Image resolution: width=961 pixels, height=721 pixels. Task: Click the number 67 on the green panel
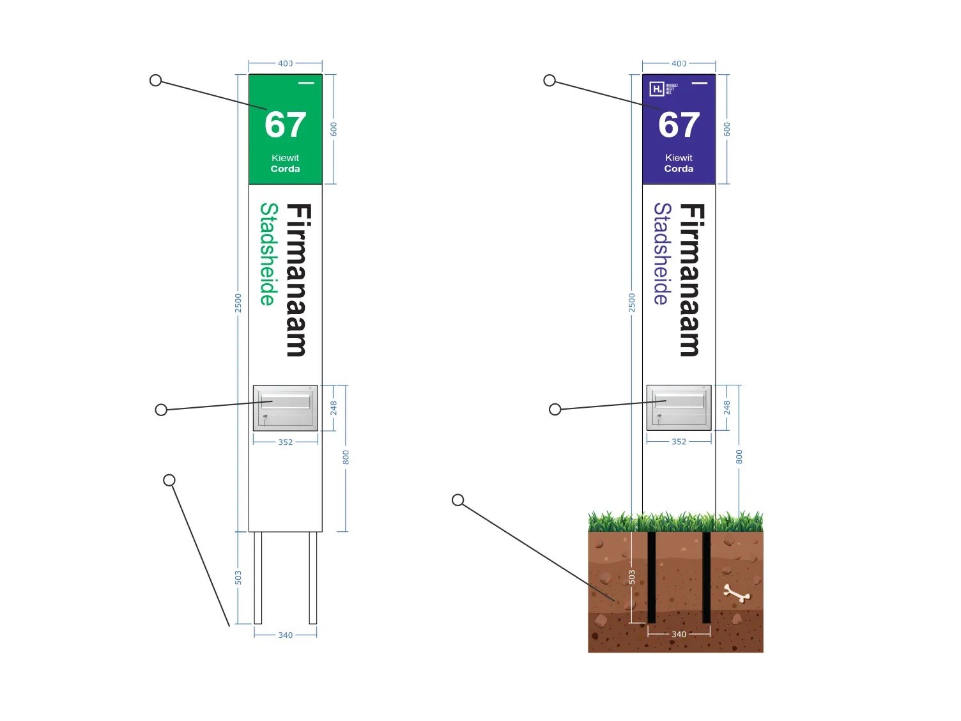coord(285,125)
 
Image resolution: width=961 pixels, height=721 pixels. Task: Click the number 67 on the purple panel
coord(679,125)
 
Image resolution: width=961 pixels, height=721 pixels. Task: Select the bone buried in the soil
coord(737,594)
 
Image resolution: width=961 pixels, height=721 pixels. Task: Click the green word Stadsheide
coord(268,254)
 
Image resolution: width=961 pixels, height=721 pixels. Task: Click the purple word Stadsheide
coord(662,254)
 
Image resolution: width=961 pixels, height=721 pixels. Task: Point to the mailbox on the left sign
coord(286,408)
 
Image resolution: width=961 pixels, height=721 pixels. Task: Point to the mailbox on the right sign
coord(679,408)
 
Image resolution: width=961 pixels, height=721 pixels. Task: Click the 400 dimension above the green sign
coord(285,63)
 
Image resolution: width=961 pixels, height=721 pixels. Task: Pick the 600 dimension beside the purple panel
coord(727,129)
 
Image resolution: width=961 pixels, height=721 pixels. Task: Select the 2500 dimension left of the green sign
coord(238,303)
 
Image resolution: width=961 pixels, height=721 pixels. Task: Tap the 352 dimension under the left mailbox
coord(285,442)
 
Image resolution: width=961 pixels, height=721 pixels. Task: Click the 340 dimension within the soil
coord(679,634)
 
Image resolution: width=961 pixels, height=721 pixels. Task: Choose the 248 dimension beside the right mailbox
coord(727,408)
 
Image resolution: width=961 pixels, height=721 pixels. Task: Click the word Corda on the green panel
coord(285,169)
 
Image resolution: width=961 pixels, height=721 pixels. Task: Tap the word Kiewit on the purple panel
coord(679,157)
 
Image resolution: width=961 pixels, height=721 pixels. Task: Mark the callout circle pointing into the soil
coord(457,500)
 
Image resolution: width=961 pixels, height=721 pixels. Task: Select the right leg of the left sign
coord(313,577)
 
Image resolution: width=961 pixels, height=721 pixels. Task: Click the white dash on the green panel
coord(306,82)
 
